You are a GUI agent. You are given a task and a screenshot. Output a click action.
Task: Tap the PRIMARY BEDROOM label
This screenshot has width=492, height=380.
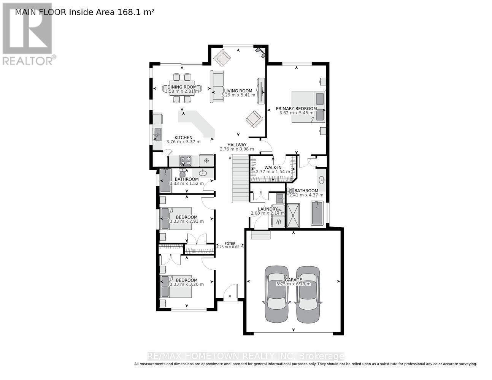tap(296, 109)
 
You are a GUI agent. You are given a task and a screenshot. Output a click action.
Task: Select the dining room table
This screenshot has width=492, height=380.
tap(182, 88)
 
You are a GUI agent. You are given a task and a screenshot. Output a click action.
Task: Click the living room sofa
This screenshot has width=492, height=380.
tap(217, 87)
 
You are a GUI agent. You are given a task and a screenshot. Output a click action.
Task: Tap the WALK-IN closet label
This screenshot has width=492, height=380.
tap(273, 168)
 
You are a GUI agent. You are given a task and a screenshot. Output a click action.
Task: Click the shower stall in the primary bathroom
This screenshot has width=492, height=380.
tap(293, 215)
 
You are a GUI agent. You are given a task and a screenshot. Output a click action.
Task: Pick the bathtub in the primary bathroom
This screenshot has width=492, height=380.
tap(317, 213)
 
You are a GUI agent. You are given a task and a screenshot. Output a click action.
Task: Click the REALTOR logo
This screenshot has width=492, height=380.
tap(28, 34)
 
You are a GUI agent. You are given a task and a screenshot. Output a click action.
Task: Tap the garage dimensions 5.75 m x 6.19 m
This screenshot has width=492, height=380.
tap(293, 284)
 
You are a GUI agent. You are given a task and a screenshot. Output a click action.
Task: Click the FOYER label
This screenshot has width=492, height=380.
tap(230, 244)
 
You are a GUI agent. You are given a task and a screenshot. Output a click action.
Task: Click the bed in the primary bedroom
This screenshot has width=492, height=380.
tap(308, 106)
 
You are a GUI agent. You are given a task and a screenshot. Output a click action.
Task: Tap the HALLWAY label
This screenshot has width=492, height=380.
tap(237, 145)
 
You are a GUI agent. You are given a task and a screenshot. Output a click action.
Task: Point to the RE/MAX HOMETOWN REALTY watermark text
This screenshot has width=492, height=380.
tap(245, 356)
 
